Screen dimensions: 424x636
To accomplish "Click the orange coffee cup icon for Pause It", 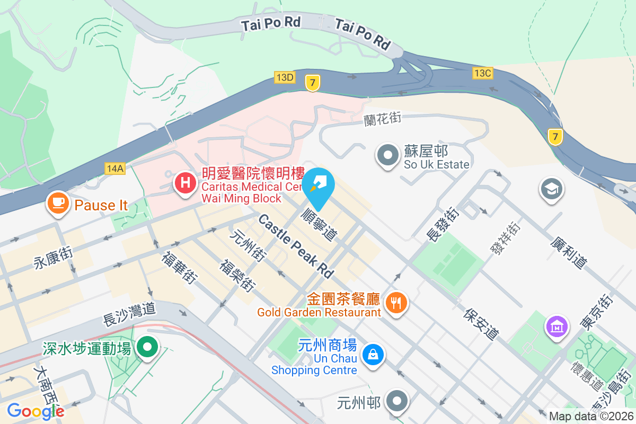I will [58, 203].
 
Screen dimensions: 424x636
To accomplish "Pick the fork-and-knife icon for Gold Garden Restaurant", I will [396, 303].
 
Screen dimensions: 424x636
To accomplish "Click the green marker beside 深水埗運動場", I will [147, 348].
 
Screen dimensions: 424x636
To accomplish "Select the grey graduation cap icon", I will [552, 189].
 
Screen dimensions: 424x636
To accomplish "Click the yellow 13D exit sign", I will [285, 77].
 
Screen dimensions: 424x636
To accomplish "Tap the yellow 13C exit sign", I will [482, 73].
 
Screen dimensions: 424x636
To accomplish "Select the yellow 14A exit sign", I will [114, 169].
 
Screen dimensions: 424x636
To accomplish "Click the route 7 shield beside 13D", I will [313, 82].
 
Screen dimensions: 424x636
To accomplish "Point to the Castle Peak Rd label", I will [296, 246].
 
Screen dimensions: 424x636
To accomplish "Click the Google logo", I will [36, 411].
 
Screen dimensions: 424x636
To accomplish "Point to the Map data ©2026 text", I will [590, 416].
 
